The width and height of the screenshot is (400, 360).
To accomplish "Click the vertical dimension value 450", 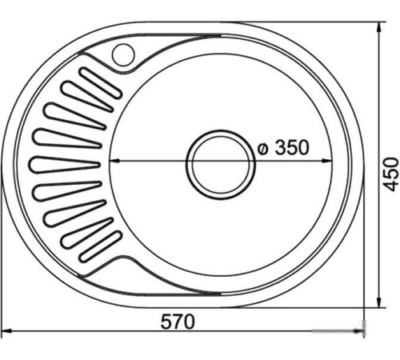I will click(390, 172).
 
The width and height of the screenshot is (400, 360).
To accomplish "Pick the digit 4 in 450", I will click(390, 183).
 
